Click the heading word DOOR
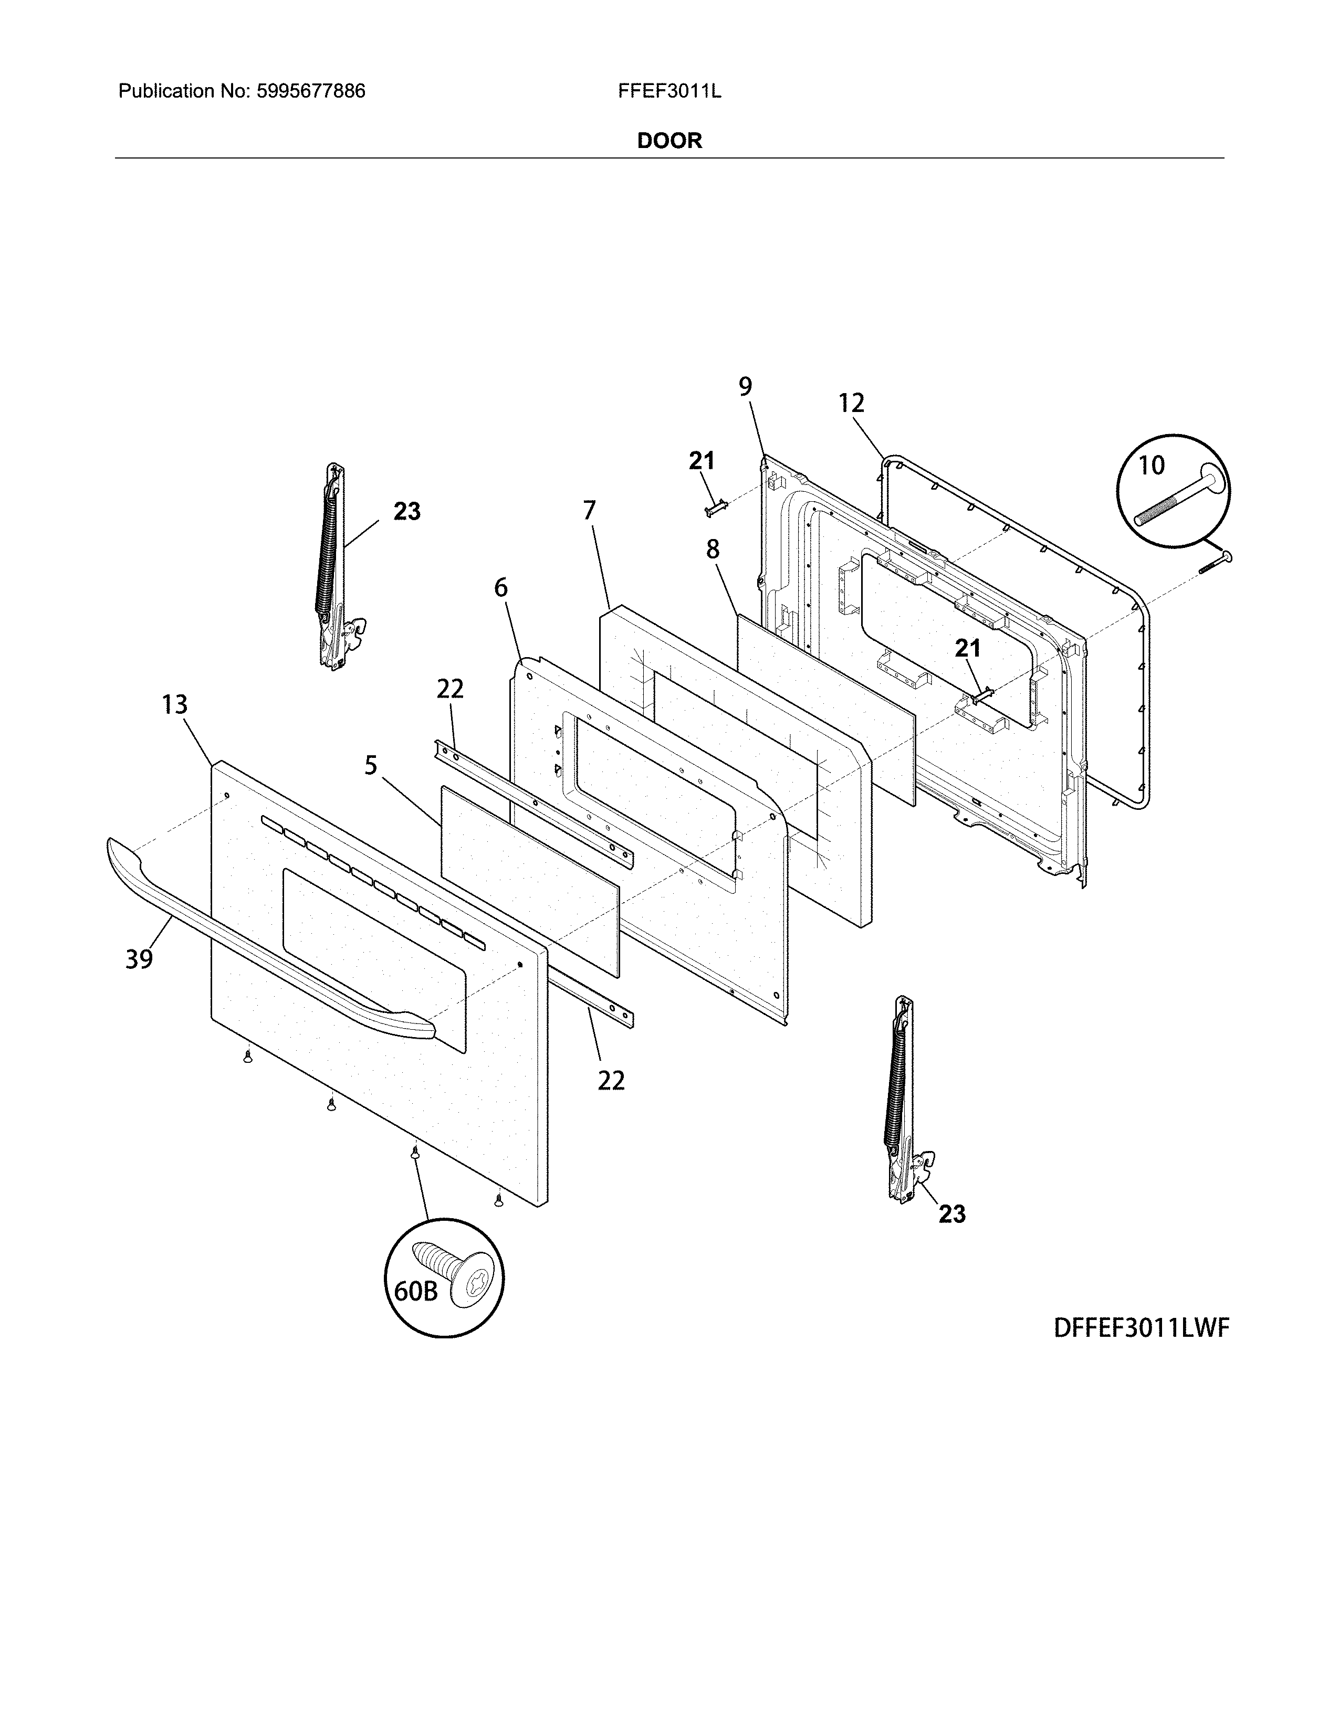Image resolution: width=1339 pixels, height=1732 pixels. coord(669,141)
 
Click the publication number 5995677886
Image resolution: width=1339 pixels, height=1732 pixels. coord(311,91)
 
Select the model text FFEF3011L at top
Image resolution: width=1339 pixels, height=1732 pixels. coord(669,91)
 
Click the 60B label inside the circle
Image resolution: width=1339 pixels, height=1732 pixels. coord(416,1292)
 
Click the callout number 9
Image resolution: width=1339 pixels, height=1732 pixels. coord(746,386)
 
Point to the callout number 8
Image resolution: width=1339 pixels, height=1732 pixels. coord(713,549)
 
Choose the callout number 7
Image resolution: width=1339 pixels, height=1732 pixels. coord(589,510)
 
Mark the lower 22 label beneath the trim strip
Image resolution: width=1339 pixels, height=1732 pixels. coord(611,1080)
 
